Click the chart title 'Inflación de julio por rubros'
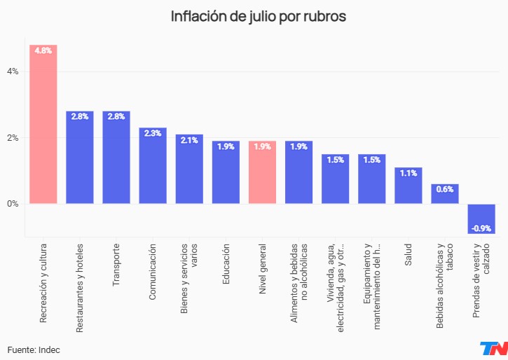coord(259,16)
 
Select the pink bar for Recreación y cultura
coord(43,126)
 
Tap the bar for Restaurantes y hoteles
coord(80,158)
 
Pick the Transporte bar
coord(116,158)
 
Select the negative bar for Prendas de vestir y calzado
coord(481,218)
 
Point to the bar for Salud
coord(408,186)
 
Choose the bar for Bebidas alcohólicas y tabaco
coord(445,194)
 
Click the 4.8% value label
coord(43,51)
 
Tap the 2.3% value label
coord(153,133)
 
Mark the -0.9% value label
coord(481,228)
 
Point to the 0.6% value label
coord(445,189)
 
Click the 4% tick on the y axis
coord(13,71)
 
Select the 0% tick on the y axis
coord(13,204)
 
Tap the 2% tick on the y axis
coord(13,137)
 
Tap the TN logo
coord(493,349)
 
